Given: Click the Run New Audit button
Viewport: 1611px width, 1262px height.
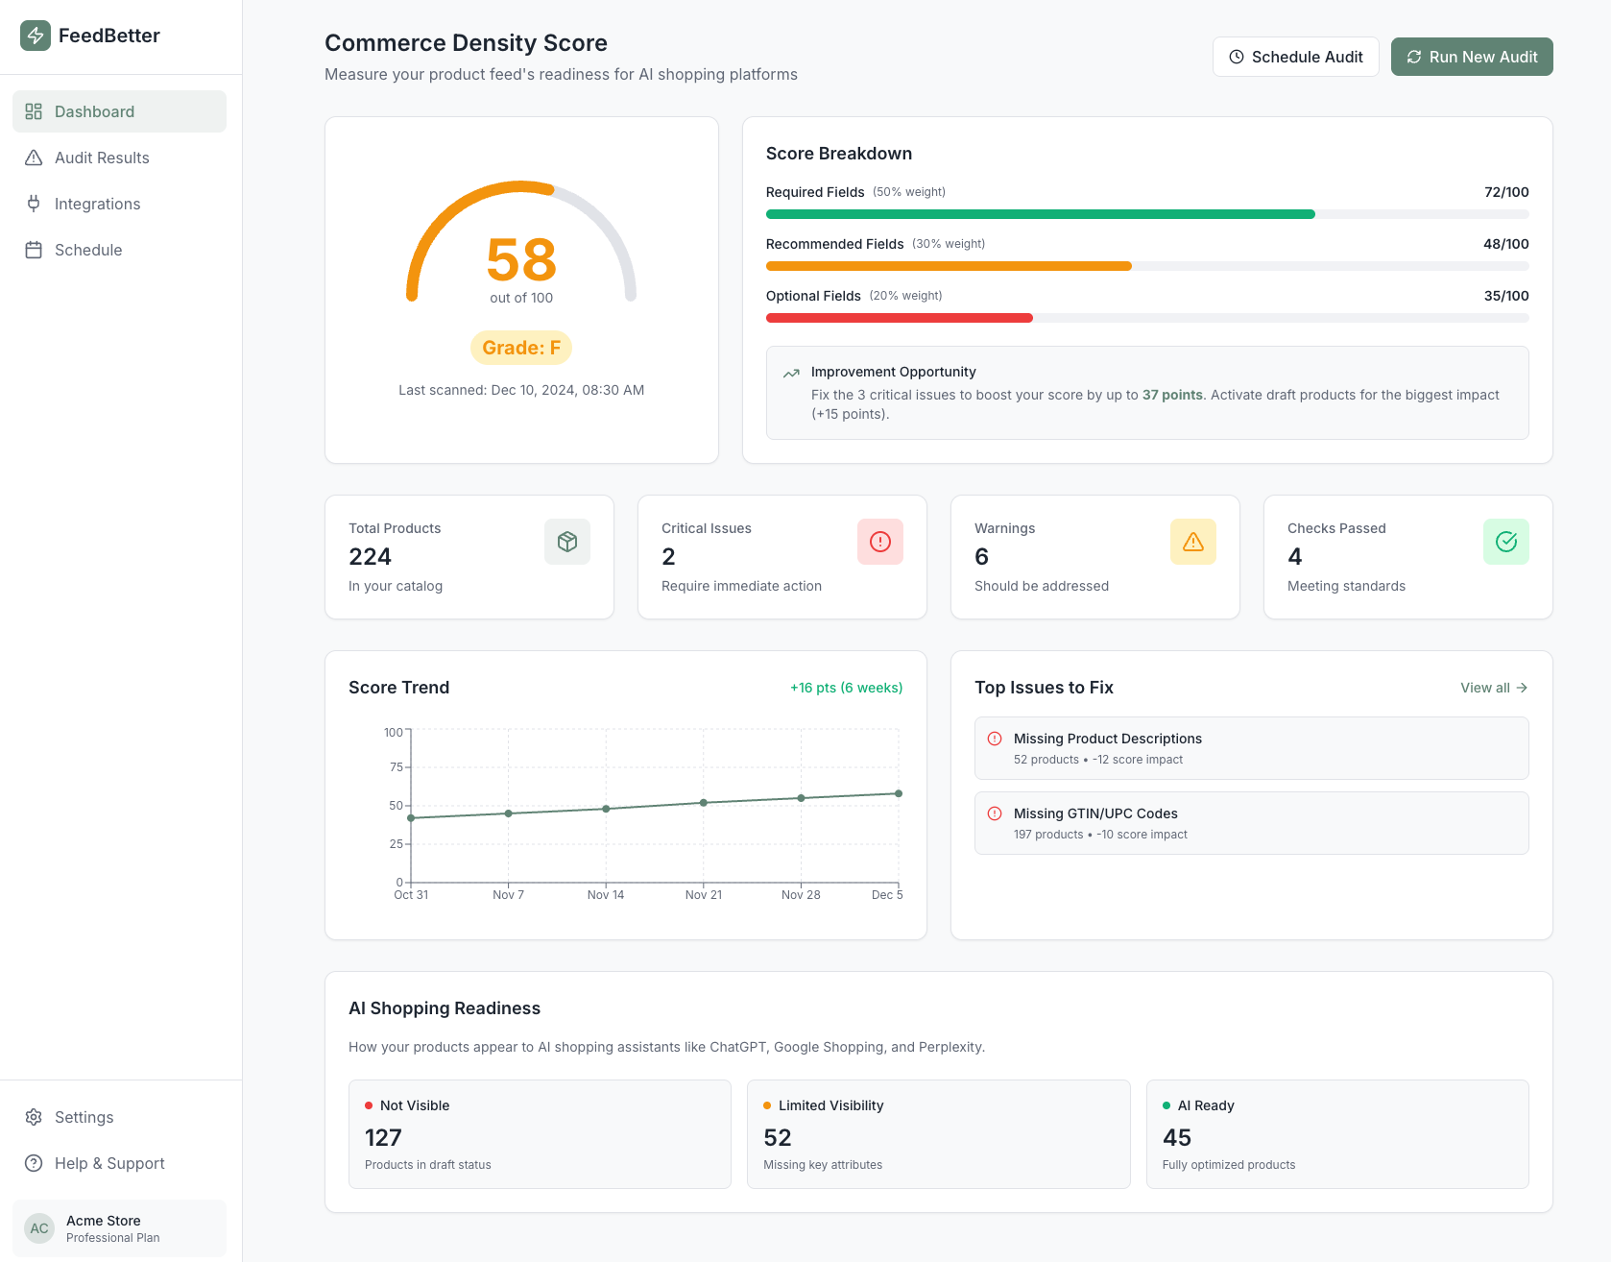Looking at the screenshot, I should pyautogui.click(x=1471, y=57).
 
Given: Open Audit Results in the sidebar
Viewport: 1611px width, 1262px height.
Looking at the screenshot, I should pyautogui.click(x=102, y=158).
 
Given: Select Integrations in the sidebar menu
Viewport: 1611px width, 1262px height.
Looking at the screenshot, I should pyautogui.click(x=97, y=204).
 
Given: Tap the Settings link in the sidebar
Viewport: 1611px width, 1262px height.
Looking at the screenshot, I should pyautogui.click(x=84, y=1117).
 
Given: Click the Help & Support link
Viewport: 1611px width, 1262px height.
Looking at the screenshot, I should pyautogui.click(x=109, y=1163).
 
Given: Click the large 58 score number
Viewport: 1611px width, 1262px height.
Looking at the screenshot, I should pyautogui.click(x=521, y=259).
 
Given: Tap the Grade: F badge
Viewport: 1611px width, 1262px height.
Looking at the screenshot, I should pyautogui.click(x=521, y=348).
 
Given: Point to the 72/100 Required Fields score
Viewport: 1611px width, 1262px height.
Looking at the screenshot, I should pyautogui.click(x=1505, y=192).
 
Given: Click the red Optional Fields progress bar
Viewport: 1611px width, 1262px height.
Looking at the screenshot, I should pyautogui.click(x=899, y=318).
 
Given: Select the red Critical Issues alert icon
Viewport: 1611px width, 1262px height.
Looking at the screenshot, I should pyautogui.click(x=879, y=542).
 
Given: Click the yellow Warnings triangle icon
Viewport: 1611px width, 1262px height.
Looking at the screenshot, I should pyautogui.click(x=1192, y=542).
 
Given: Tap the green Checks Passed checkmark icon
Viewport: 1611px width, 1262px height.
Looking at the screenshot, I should pyautogui.click(x=1505, y=542).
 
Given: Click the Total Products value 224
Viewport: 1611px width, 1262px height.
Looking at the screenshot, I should pyautogui.click(x=370, y=557).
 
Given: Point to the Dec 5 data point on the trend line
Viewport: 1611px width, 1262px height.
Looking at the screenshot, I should pyautogui.click(x=899, y=793).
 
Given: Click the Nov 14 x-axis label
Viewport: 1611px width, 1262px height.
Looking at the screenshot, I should pyautogui.click(x=605, y=895).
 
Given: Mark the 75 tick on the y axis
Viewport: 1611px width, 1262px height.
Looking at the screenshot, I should pyautogui.click(x=396, y=767).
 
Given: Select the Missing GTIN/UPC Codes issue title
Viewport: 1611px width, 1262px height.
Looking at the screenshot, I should pyautogui.click(x=1095, y=813).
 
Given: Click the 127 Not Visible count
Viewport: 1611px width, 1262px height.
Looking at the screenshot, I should pyautogui.click(x=383, y=1138).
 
